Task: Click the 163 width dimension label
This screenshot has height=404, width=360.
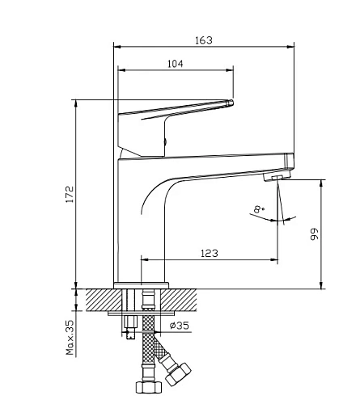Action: tap(204, 40)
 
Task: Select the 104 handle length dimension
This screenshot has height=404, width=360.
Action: tap(176, 64)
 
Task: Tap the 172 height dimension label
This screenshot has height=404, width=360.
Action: tap(70, 194)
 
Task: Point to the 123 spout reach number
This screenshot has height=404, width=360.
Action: tap(210, 253)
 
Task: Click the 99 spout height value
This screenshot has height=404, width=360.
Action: tap(315, 234)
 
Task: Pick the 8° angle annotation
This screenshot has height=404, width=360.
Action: tap(259, 209)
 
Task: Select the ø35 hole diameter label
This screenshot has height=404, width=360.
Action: tap(180, 326)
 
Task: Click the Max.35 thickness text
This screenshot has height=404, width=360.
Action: tap(70, 337)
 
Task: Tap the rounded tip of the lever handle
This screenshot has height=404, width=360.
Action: tap(231, 103)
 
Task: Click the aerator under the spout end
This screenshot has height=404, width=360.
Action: tap(277, 177)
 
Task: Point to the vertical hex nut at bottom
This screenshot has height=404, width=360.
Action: tap(149, 387)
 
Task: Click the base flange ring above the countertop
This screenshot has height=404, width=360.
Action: tap(142, 285)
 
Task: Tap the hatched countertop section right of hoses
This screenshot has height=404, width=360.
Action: tap(179, 300)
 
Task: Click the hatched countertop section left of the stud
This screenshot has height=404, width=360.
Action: tap(104, 300)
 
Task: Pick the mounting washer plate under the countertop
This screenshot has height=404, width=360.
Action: tap(142, 314)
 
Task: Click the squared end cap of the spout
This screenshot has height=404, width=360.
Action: tap(290, 161)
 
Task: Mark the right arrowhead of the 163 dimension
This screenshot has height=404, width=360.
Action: tap(290, 47)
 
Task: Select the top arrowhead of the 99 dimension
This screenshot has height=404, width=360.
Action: tap(321, 183)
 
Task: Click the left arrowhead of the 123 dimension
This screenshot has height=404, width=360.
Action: tap(145, 259)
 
